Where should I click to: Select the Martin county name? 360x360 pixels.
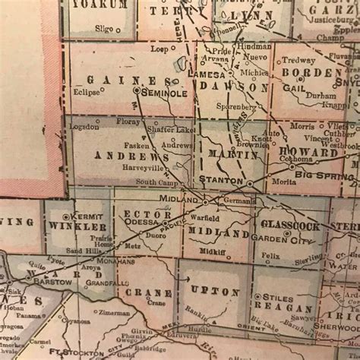point(238,155)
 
